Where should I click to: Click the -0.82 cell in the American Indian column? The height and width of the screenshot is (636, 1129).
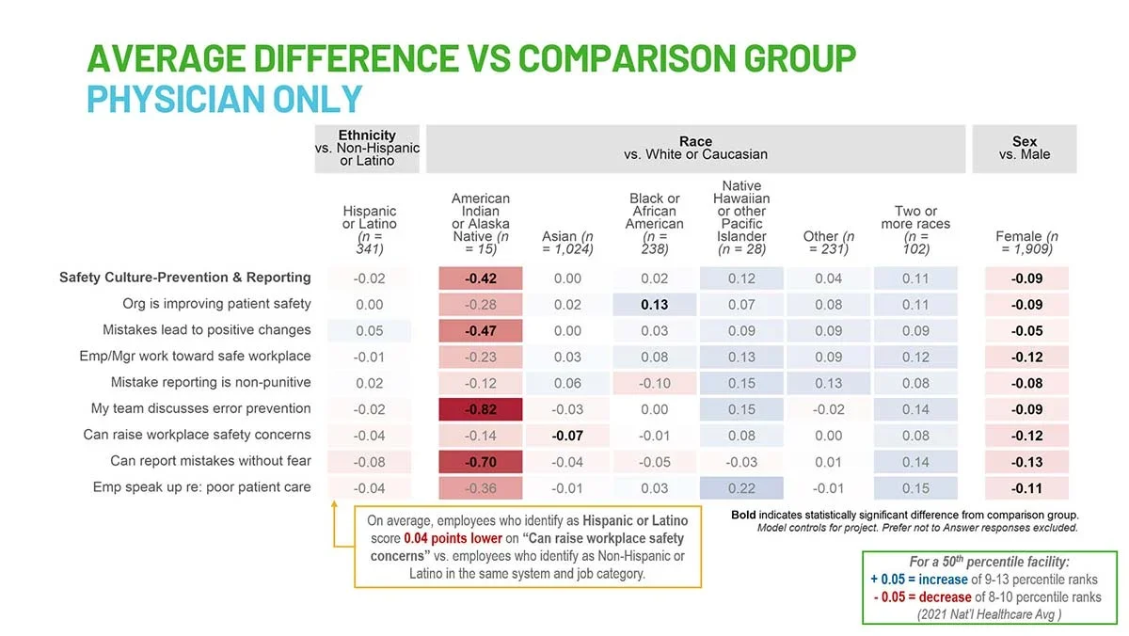coord(481,409)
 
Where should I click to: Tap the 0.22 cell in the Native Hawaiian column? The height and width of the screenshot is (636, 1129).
coord(741,487)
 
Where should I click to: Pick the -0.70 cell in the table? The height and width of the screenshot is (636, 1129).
coord(481,461)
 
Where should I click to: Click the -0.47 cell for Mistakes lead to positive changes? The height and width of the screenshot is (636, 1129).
coord(481,330)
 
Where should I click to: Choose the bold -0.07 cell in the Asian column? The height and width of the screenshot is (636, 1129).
coord(567,436)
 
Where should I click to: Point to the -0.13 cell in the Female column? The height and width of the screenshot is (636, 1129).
coord(1026,461)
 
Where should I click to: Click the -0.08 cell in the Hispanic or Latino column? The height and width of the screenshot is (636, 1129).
coord(369,461)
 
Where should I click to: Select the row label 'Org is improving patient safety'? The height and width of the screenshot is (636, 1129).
coord(216,304)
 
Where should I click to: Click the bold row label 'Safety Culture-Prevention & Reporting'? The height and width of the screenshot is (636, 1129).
coord(184,278)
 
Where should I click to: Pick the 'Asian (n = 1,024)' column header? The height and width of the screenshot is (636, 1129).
coord(567,243)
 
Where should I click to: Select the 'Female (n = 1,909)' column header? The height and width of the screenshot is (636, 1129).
coord(1026,243)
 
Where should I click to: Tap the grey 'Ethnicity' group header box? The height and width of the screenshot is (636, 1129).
coord(367,148)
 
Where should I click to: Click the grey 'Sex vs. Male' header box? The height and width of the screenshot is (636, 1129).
coord(1025,148)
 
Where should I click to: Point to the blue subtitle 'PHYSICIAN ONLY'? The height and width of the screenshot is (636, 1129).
coord(224,99)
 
